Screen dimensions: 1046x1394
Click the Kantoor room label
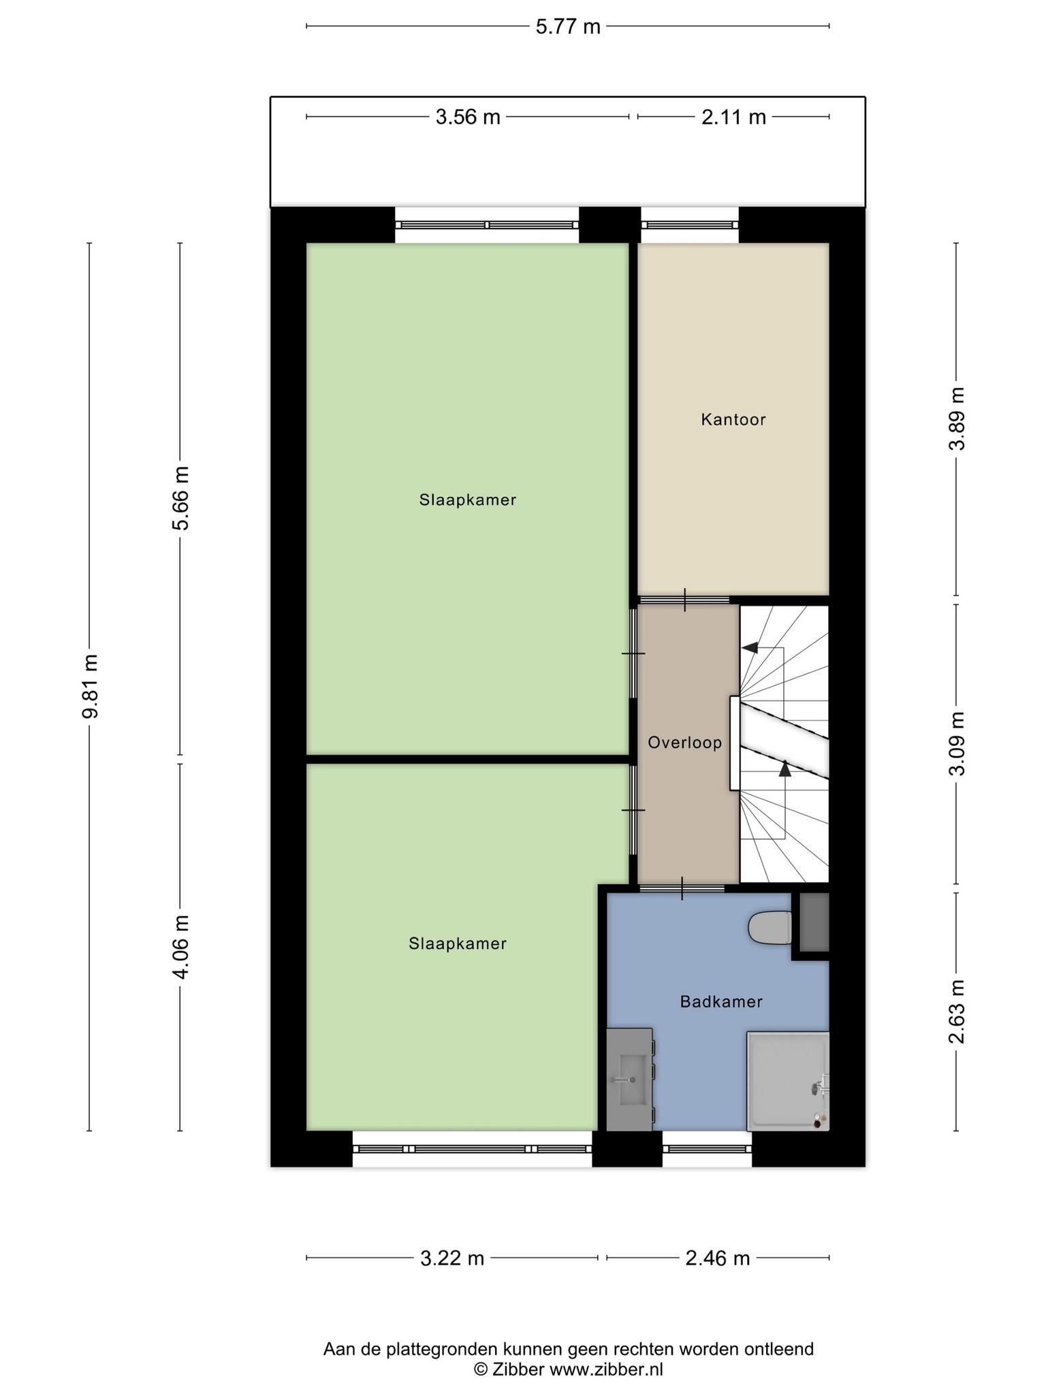tap(733, 419)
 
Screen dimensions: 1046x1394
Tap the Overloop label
tap(684, 743)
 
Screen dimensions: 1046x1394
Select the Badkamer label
tap(721, 1001)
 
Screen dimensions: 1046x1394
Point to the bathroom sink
tap(629, 1080)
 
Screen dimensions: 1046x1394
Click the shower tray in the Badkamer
tap(788, 1081)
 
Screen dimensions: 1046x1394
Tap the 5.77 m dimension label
tap(568, 27)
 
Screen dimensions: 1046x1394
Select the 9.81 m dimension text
tap(89, 686)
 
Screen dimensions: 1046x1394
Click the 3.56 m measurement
tap(468, 117)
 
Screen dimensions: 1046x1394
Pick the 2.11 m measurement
tap(733, 117)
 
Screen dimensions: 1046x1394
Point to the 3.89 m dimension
tap(957, 419)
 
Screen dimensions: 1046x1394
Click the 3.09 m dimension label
tap(957, 743)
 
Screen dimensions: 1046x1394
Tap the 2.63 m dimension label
tap(957, 1011)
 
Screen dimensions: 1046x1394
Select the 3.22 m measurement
tap(452, 1258)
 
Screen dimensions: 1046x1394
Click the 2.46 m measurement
tap(718, 1258)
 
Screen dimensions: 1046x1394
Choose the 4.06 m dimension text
tap(180, 946)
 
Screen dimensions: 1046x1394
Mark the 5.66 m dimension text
tap(180, 498)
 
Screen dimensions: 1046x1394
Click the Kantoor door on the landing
tap(684, 600)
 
